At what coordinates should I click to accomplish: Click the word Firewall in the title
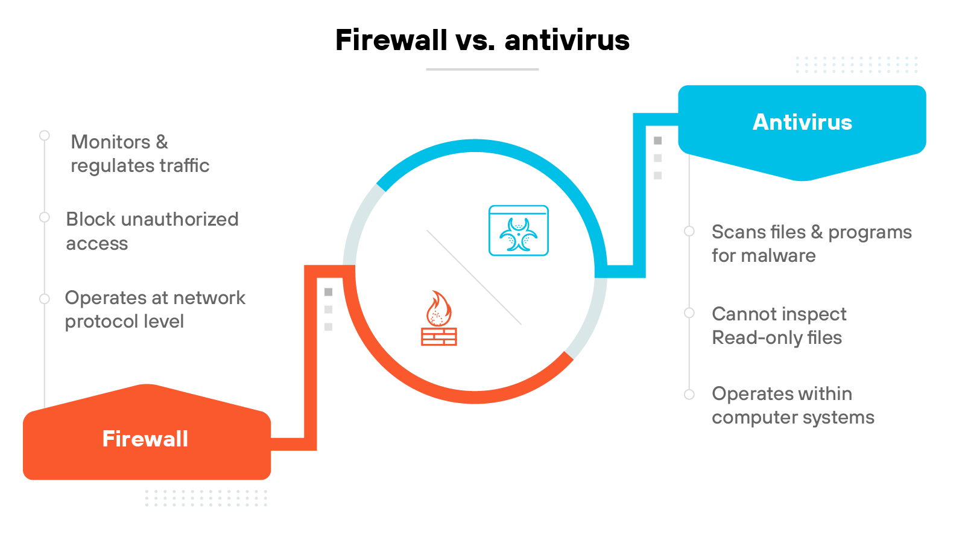391,40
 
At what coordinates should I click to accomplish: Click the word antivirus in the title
567,40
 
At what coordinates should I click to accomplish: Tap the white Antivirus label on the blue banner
802,122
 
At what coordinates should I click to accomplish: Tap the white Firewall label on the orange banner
145,439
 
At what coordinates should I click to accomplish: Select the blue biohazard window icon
519,230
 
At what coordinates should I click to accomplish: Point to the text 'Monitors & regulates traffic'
140,154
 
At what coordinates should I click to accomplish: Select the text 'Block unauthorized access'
152,231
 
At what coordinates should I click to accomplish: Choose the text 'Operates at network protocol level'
155,310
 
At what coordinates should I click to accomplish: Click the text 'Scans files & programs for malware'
811,244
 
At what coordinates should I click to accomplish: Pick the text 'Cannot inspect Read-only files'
779,326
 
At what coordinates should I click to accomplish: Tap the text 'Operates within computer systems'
793,405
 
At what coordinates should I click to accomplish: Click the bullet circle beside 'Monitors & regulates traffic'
45,136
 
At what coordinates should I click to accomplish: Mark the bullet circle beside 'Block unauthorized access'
45,217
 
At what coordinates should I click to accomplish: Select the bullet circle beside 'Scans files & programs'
689,231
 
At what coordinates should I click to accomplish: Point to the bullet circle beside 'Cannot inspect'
689,313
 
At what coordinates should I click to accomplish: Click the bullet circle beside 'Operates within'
689,395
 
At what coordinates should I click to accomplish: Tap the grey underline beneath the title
482,69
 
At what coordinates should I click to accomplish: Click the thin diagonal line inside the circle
474,278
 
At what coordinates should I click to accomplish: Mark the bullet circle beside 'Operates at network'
45,299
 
